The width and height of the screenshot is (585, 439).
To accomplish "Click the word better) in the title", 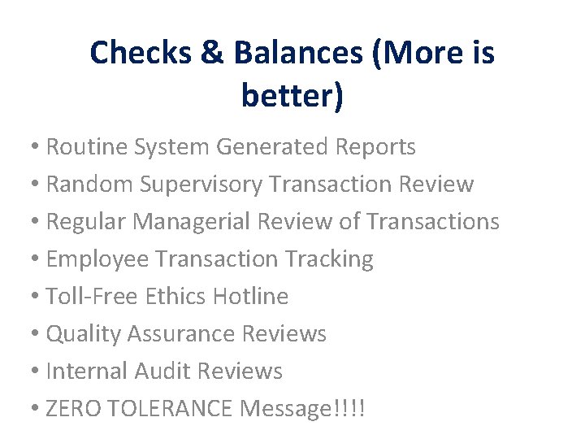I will click(292, 96).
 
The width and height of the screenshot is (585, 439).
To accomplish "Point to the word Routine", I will click(82, 147).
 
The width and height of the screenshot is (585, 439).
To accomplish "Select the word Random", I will click(90, 185).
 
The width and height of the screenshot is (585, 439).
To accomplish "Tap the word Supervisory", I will click(201, 185).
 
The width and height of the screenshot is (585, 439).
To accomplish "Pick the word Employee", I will click(98, 259).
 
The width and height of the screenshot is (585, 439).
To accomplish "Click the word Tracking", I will click(329, 259).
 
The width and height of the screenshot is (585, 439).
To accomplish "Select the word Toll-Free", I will click(93, 297).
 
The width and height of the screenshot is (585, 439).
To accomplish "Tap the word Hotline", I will click(250, 297).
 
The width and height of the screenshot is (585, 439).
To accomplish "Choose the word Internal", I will click(84, 372).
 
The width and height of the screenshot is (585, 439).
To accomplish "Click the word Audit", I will click(158, 372).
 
